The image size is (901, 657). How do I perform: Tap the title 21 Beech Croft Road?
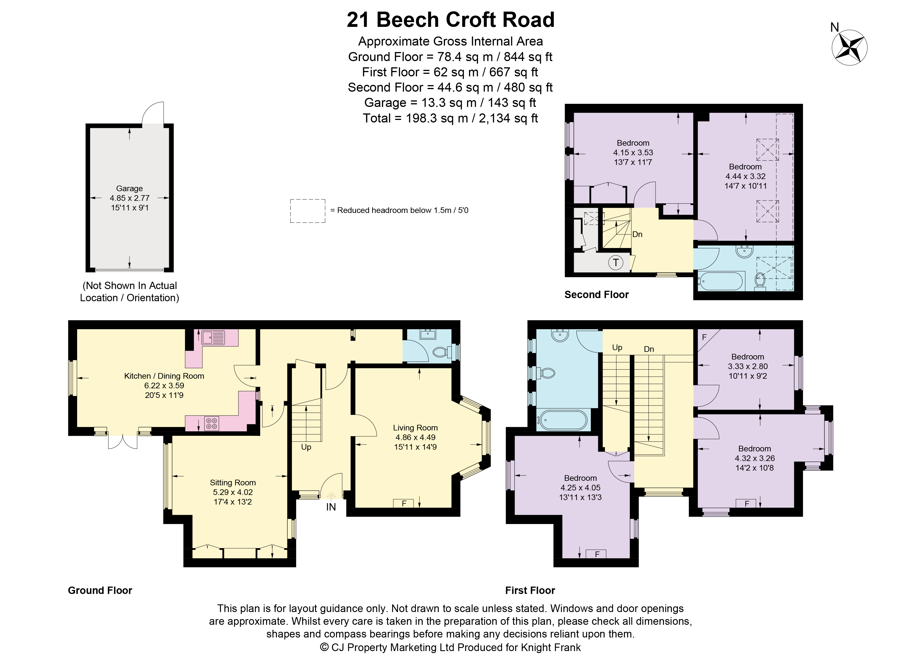pos(450,20)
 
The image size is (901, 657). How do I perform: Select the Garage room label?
pos(129,189)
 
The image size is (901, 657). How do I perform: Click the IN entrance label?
pos(331,507)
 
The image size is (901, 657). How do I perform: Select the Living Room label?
pos(415,428)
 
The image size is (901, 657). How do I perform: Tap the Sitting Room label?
pos(233,483)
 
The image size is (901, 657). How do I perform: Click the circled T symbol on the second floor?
pos(616,262)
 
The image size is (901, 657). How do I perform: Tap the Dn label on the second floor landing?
pos(637,234)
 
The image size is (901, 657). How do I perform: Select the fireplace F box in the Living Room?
pos(404,503)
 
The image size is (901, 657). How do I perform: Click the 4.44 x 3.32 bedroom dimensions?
pos(746,176)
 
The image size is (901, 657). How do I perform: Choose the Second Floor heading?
pos(596,295)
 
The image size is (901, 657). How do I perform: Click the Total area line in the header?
pos(450,118)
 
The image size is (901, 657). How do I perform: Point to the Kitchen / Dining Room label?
pos(164,376)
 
